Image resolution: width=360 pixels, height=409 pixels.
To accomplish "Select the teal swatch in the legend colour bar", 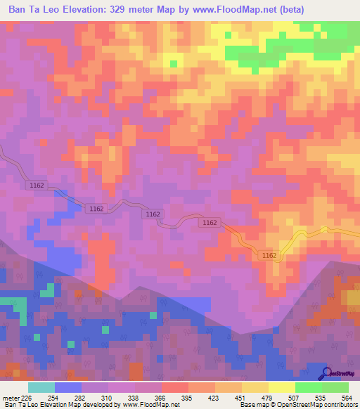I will [x=41, y=387].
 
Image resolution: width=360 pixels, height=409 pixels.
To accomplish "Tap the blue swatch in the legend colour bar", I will [x=68, y=387].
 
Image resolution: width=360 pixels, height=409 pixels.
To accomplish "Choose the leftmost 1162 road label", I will [x=38, y=186].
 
